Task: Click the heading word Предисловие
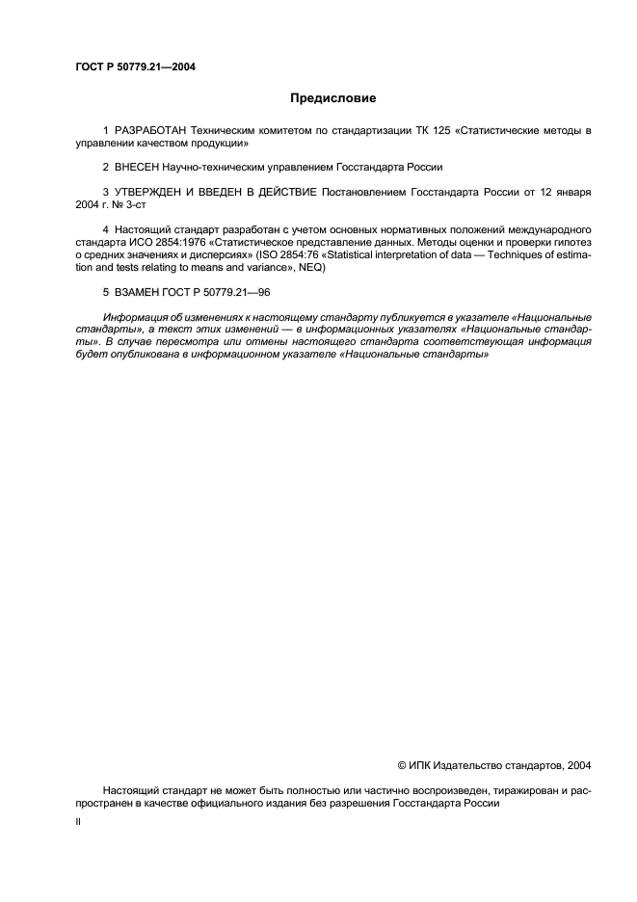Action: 333,98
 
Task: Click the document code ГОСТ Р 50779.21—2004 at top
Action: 136,66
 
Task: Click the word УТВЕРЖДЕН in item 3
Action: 151,193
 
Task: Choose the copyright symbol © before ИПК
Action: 402,765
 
